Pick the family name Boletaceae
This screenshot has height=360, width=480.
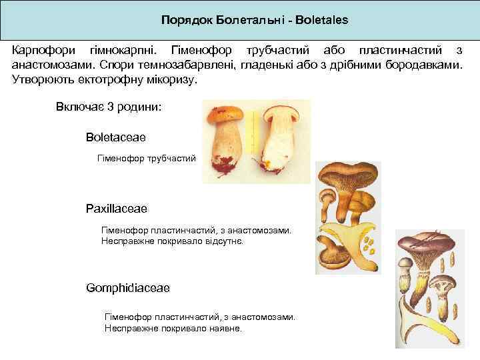pos(115,137)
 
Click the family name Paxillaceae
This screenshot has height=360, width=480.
pos(116,209)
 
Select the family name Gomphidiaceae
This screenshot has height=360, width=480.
pos(127,287)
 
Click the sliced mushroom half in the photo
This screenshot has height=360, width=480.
pos(281,140)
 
